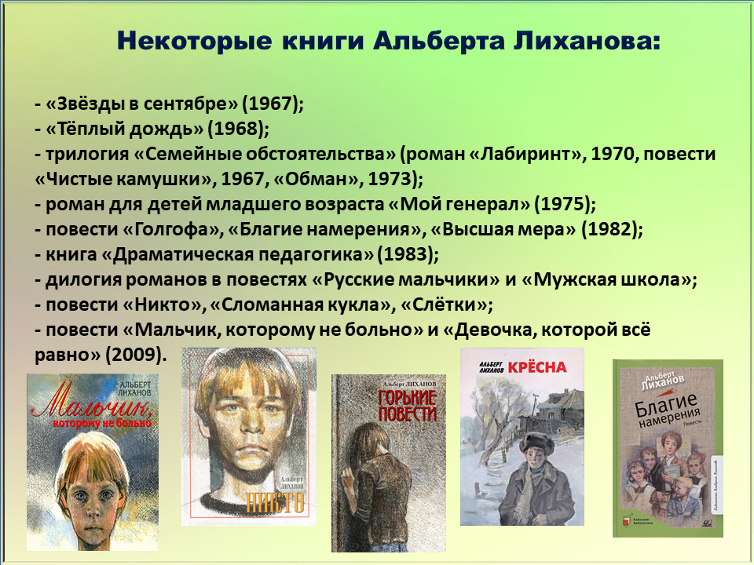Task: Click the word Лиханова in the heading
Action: tap(587, 41)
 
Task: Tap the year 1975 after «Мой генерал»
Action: tap(562, 204)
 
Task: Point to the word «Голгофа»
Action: tap(172, 229)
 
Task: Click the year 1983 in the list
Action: tap(408, 254)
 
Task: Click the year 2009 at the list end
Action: tap(133, 355)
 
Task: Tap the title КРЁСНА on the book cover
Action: tap(537, 367)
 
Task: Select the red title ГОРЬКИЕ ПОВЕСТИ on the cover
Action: tap(407, 406)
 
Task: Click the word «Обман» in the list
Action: tap(316, 179)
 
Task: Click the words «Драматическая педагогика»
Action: tap(237, 254)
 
